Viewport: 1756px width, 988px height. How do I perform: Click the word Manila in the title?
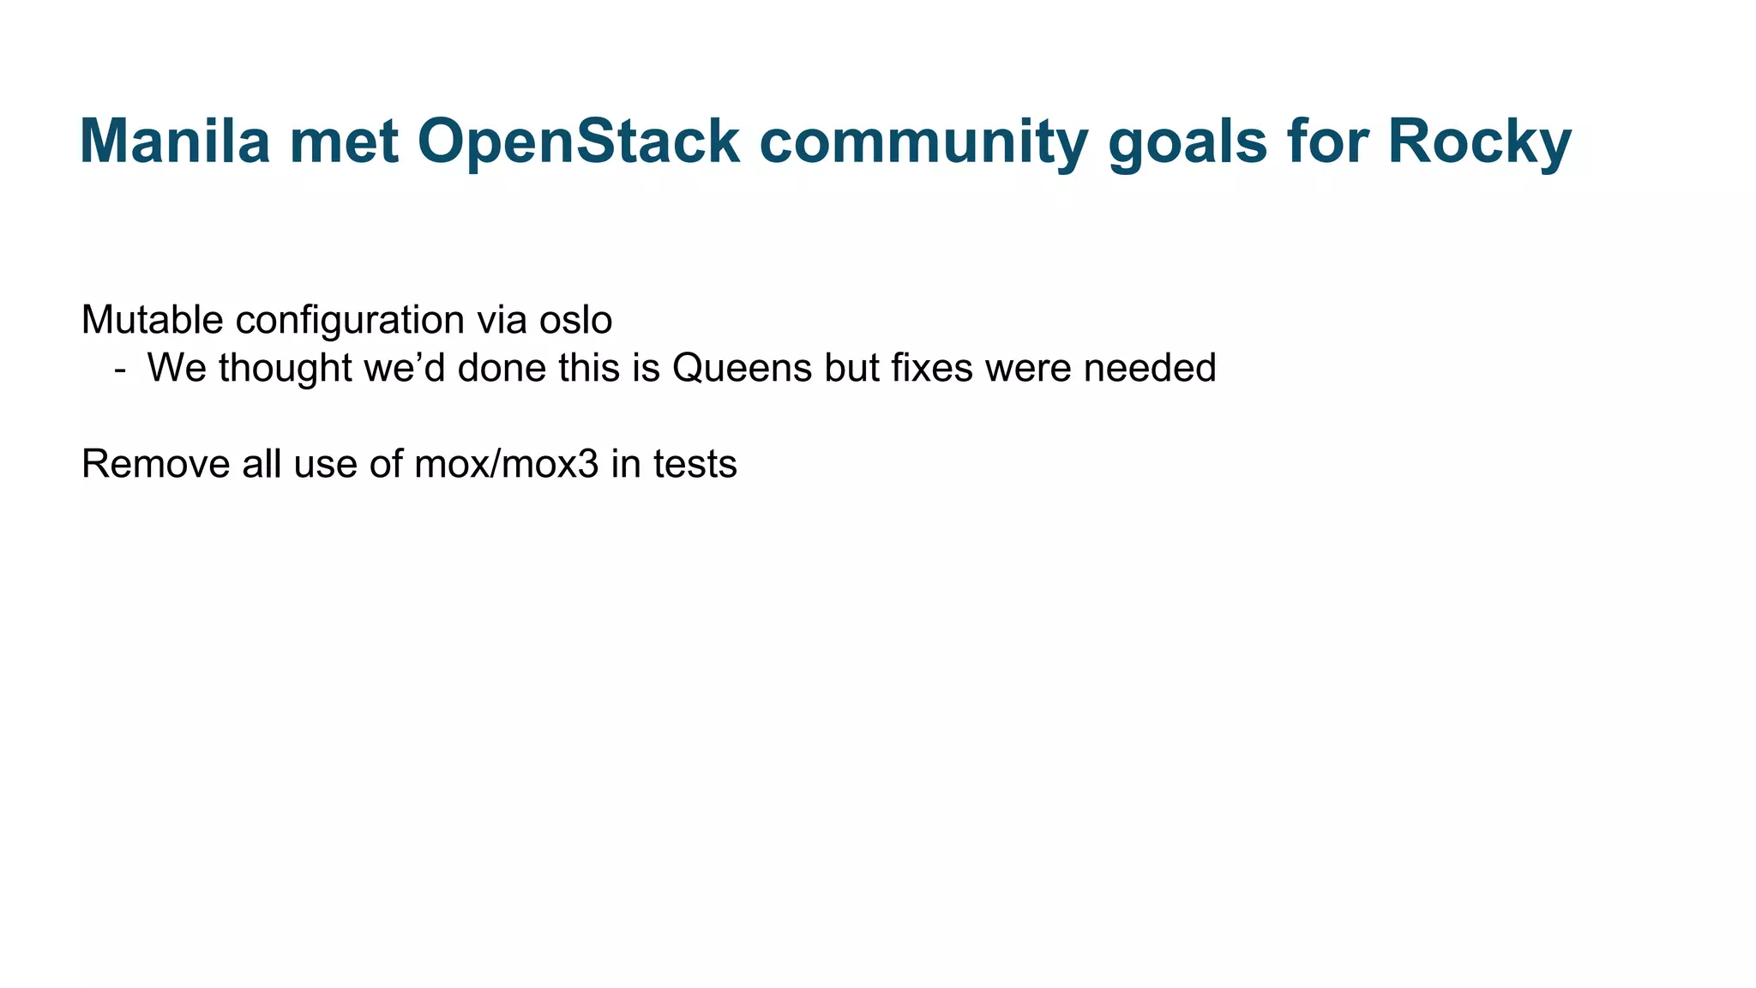tap(175, 141)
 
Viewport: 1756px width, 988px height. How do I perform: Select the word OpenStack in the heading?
tap(578, 141)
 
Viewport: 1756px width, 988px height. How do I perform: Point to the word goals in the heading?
tap(1188, 141)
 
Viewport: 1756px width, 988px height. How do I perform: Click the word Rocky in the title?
tap(1479, 141)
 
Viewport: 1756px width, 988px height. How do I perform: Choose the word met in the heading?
tap(344, 141)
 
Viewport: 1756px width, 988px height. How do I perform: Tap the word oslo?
tap(575, 320)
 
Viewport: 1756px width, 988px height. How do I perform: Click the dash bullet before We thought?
tap(120, 369)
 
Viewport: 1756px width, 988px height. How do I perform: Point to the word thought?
tap(285, 368)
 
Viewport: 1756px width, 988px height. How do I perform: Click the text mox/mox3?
tap(506, 464)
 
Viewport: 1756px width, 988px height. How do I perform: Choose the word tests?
tap(695, 464)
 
